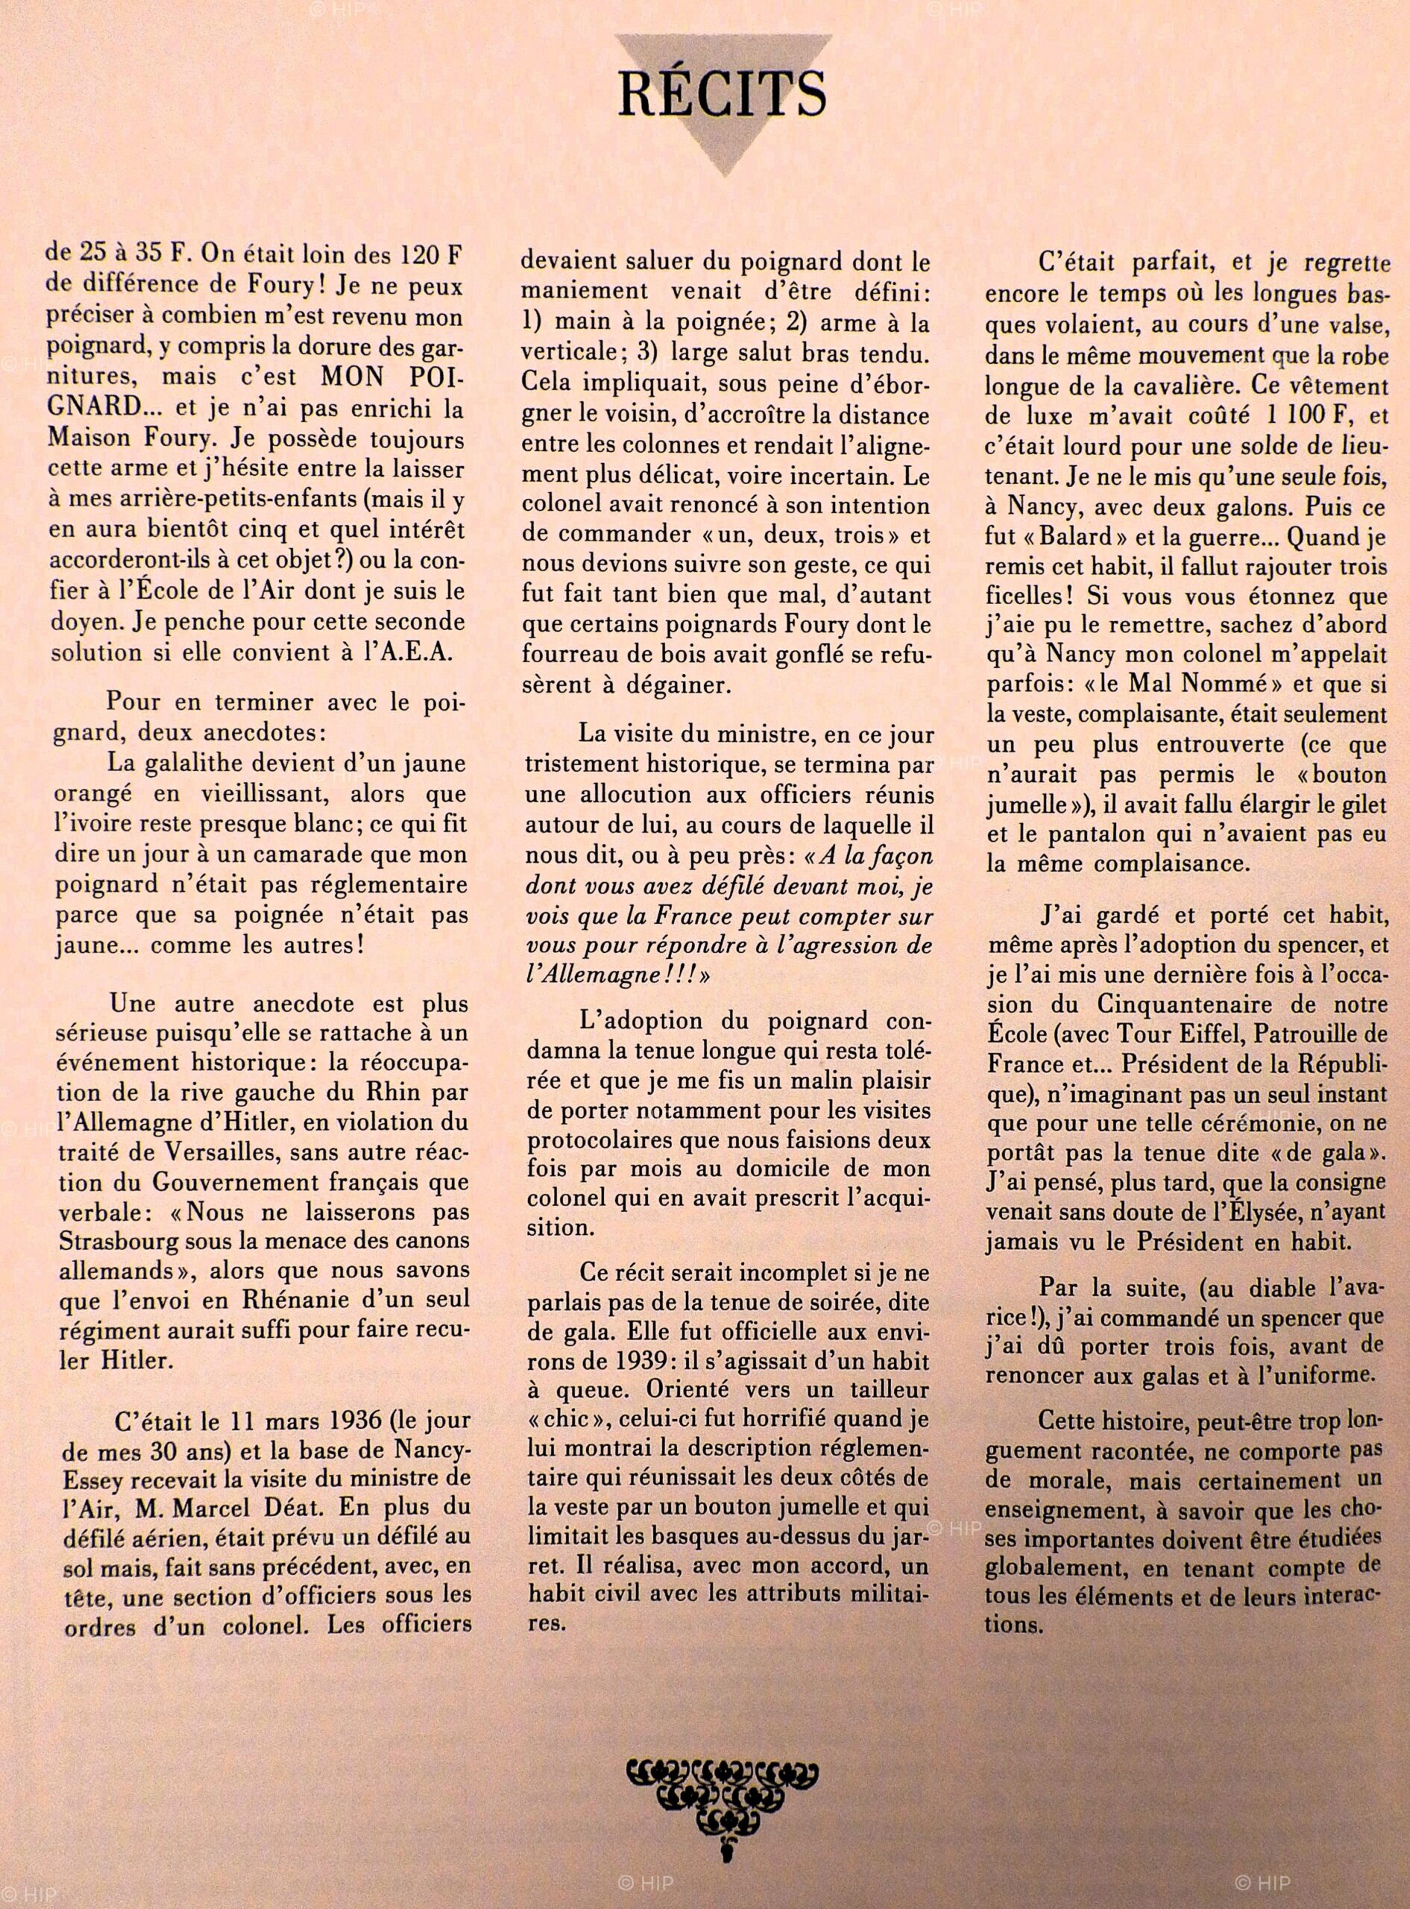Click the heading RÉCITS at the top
tap(721, 94)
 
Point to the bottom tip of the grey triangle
tap(722, 175)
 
